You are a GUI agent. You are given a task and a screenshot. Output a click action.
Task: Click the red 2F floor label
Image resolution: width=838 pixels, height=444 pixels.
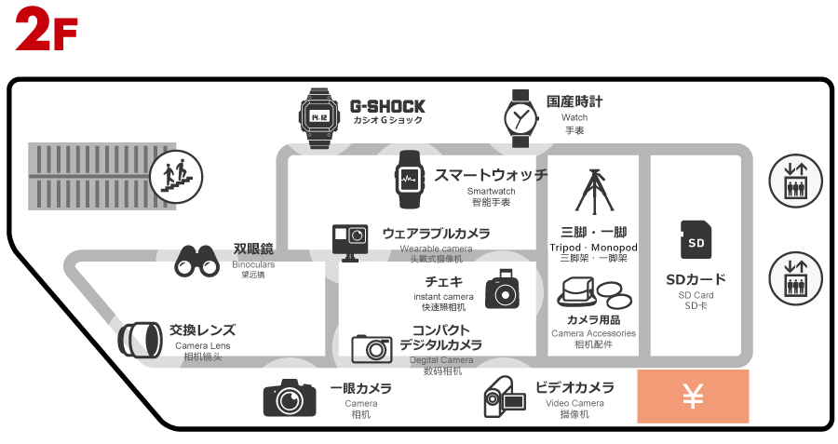pyautogui.click(x=46, y=30)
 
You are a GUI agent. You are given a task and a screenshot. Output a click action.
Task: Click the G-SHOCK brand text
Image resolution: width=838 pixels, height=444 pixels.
pyautogui.click(x=387, y=106)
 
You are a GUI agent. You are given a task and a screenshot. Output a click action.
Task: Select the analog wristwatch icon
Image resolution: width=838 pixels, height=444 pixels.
pyautogui.click(x=520, y=118)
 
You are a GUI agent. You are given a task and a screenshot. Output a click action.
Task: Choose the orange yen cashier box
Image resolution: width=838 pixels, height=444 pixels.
pyautogui.click(x=693, y=397)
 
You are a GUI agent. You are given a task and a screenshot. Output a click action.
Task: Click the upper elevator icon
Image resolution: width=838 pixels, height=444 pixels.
pyautogui.click(x=795, y=181)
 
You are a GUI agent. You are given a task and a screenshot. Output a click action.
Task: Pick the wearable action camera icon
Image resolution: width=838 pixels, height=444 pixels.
pyautogui.click(x=351, y=242)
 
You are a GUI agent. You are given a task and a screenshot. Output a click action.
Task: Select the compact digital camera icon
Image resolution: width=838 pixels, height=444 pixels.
pyautogui.click(x=372, y=348)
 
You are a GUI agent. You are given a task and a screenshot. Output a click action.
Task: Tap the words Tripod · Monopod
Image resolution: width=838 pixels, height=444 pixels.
pyautogui.click(x=593, y=248)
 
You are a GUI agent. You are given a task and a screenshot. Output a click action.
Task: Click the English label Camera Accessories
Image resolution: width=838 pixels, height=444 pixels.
pyautogui.click(x=593, y=333)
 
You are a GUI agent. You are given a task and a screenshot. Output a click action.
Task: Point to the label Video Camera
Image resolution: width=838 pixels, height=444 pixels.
pyautogui.click(x=574, y=403)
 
